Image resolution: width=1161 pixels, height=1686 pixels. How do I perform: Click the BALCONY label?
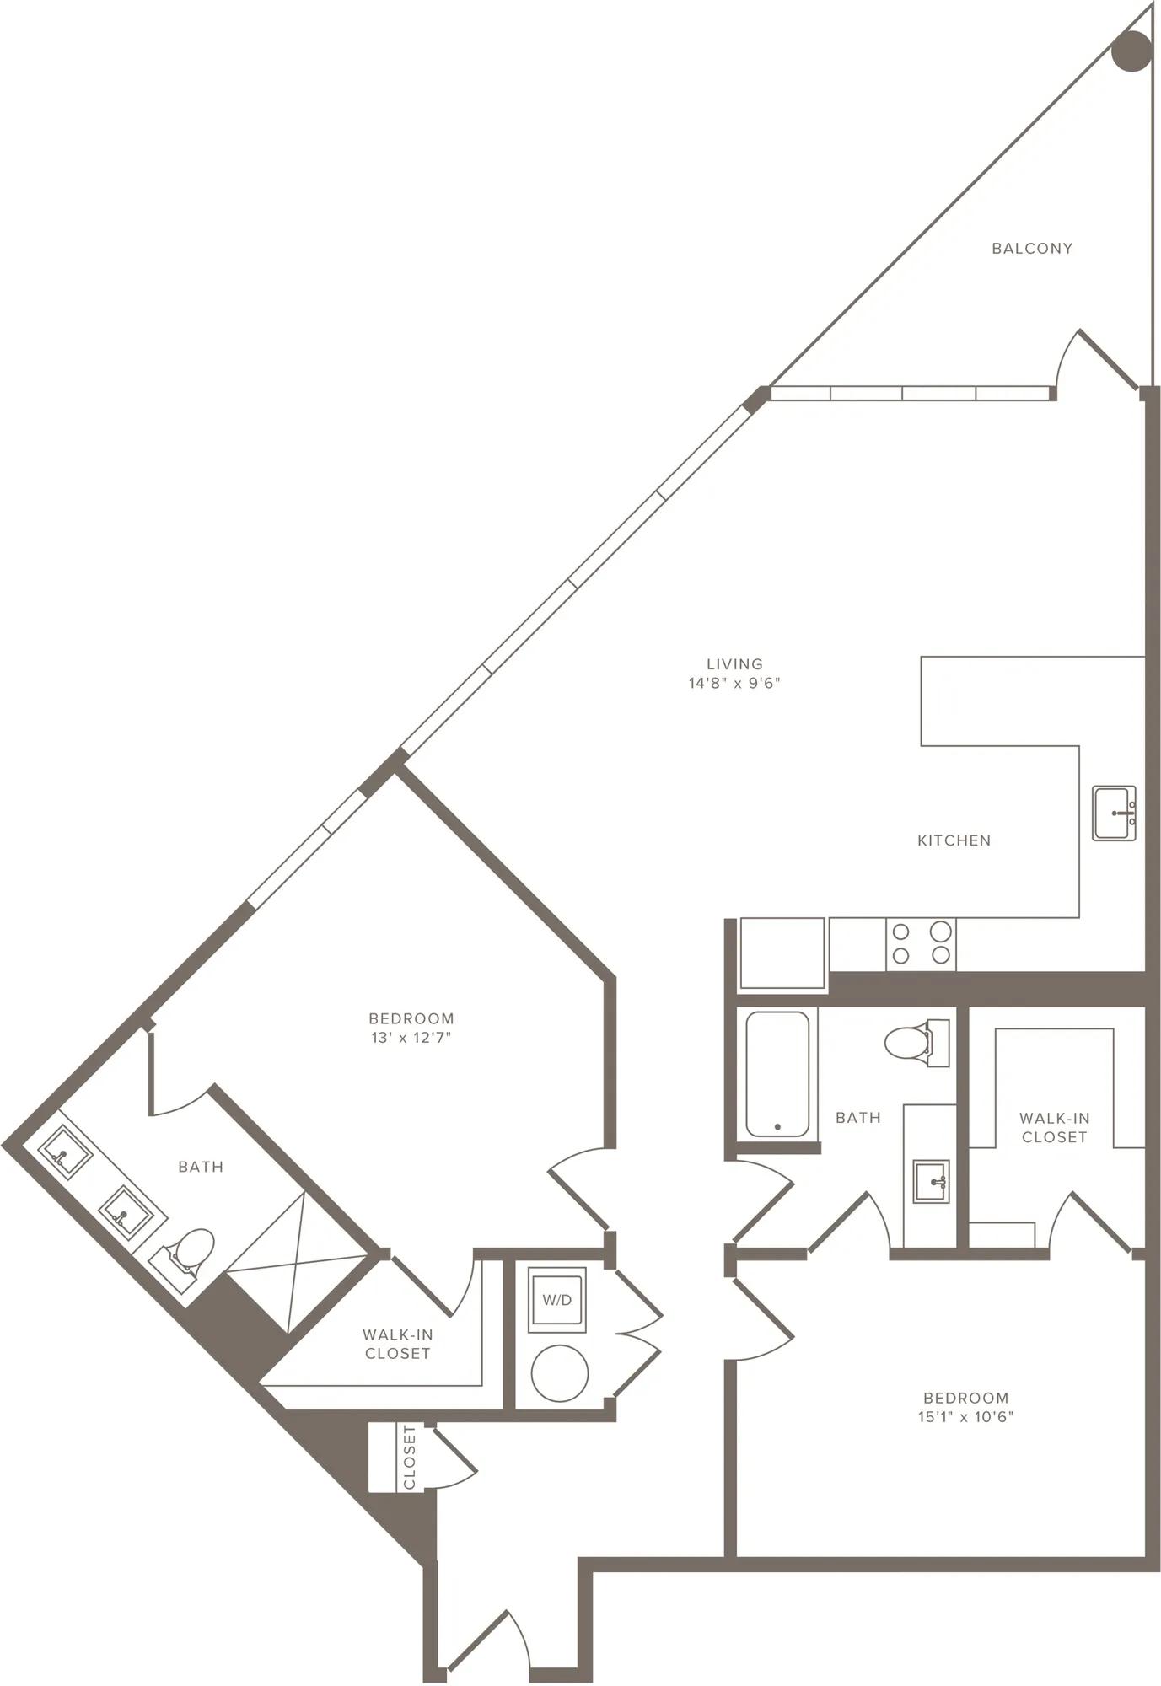pyautogui.click(x=1032, y=248)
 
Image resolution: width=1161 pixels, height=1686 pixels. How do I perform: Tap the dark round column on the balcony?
pyautogui.click(x=1131, y=51)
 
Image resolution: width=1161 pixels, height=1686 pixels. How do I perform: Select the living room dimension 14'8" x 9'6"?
pyautogui.click(x=734, y=683)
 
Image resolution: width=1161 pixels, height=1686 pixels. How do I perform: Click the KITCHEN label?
pyautogui.click(x=954, y=840)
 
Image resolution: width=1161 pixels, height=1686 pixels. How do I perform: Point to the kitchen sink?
pyautogui.click(x=1114, y=813)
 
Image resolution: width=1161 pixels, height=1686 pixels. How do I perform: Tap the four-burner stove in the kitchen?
pyautogui.click(x=921, y=943)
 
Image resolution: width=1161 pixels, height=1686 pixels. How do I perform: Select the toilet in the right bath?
pyautogui.click(x=916, y=1042)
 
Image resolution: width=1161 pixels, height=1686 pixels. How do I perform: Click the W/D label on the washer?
pyautogui.click(x=556, y=1300)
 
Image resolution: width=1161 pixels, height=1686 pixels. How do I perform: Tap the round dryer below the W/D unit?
pyautogui.click(x=560, y=1372)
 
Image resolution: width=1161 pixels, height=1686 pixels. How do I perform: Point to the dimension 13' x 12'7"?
pyautogui.click(x=411, y=1038)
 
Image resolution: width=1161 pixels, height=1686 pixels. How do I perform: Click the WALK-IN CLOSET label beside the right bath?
pyautogui.click(x=1054, y=1127)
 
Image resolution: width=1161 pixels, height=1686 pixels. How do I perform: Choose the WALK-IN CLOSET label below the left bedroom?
pyautogui.click(x=397, y=1344)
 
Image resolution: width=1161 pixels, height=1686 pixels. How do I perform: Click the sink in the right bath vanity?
pyautogui.click(x=931, y=1181)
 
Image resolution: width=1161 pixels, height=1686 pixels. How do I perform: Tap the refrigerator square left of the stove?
pyautogui.click(x=782, y=953)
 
